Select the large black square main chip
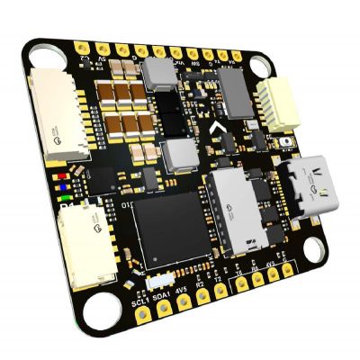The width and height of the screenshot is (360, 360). click(x=169, y=228)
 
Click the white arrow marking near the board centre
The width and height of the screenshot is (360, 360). click(x=214, y=132)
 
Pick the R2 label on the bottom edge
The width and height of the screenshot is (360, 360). click(x=203, y=285)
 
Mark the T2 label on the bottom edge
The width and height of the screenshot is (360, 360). click(x=219, y=282)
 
